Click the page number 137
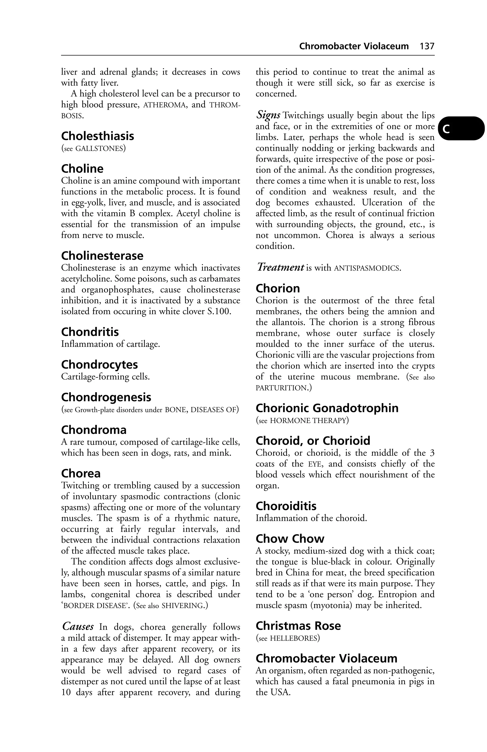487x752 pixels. coord(427,46)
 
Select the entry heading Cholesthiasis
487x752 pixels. coord(97,136)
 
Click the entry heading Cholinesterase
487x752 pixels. coord(102,256)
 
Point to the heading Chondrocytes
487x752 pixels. coord(99,365)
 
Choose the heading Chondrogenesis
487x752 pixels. coord(106,397)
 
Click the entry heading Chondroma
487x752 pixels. coord(94,430)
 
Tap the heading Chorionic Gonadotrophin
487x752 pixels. coord(327,408)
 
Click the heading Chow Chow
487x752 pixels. coord(290,539)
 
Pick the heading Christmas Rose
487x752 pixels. coord(298,626)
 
